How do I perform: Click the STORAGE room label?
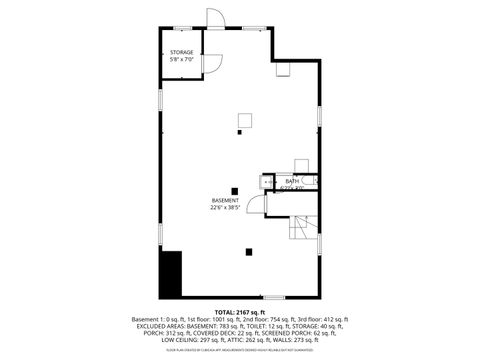181,51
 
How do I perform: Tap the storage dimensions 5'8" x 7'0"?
181,59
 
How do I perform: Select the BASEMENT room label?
225,200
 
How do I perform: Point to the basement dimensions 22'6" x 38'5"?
226,208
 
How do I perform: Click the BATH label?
291,181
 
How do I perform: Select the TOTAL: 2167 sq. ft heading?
240,312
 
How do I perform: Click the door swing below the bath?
257,204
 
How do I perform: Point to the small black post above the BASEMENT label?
235,189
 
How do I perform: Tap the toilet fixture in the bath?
310,181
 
